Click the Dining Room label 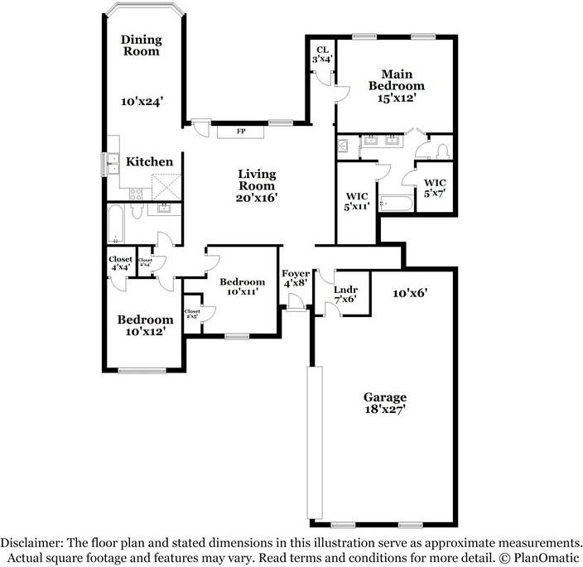click(141, 46)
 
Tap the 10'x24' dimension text click(141, 102)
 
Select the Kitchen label click(148, 161)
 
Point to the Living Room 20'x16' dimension click(257, 198)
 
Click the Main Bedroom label click(396, 85)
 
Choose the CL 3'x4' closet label click(322, 55)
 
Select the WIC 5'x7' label click(435, 187)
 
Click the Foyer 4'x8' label click(296, 279)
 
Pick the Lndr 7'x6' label click(345, 294)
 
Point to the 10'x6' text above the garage click(410, 292)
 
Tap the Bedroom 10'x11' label click(242, 286)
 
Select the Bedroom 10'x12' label click(145, 325)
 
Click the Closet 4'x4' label click(121, 263)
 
